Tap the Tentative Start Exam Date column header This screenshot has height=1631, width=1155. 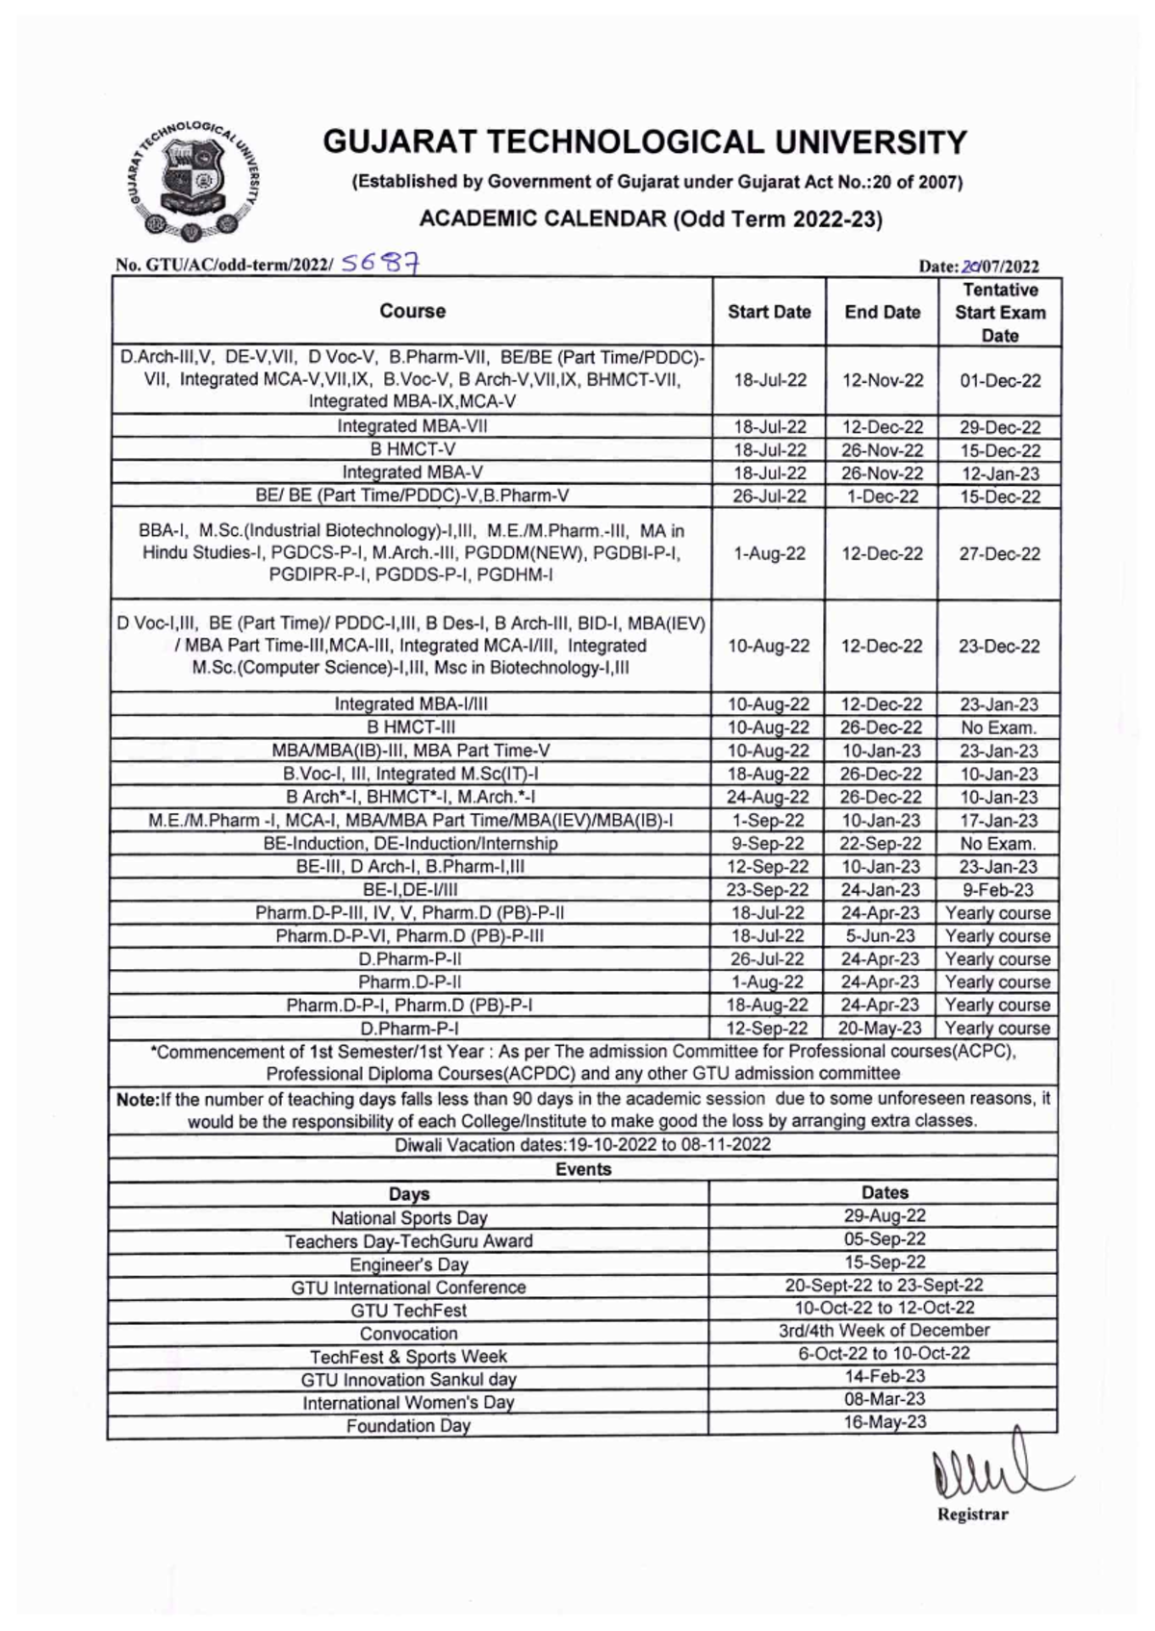click(x=999, y=312)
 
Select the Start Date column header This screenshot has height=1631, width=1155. click(x=769, y=312)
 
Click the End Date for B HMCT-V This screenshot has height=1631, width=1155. click(x=883, y=450)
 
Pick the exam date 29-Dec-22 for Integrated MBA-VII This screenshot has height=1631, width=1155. click(x=1000, y=427)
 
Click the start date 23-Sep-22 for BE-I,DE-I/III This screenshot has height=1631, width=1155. click(x=767, y=890)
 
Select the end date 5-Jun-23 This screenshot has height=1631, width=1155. click(x=881, y=935)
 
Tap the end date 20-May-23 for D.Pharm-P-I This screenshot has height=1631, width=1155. click(x=881, y=1028)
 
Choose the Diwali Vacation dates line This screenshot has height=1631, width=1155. click(x=582, y=1144)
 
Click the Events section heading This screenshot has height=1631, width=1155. click(x=582, y=1169)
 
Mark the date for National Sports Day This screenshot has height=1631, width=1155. click(x=885, y=1215)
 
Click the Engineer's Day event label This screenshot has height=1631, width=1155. click(x=408, y=1264)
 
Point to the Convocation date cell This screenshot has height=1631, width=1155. click(x=884, y=1331)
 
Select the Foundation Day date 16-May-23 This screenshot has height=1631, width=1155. click(x=885, y=1421)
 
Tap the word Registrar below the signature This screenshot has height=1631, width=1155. click(x=972, y=1515)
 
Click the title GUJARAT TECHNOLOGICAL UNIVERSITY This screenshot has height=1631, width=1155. click(x=644, y=142)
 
